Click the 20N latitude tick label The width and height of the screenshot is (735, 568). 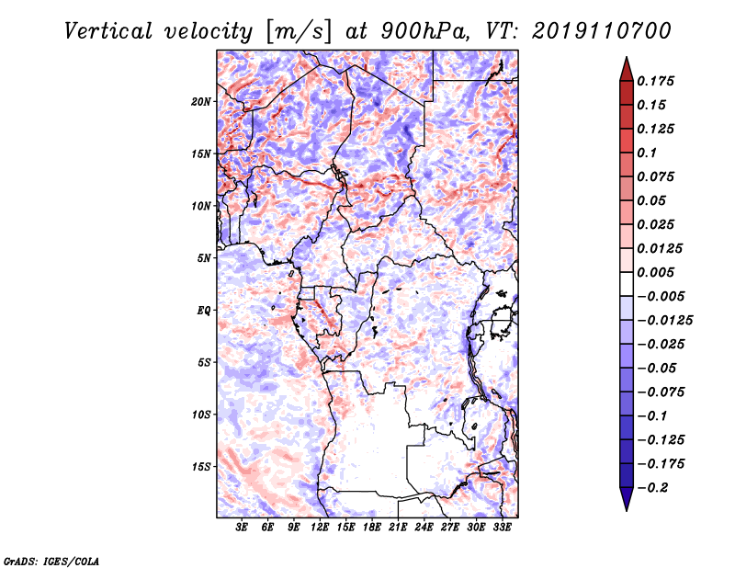tap(201, 102)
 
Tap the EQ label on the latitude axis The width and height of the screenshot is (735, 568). tap(204, 311)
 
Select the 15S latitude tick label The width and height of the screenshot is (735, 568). tap(201, 467)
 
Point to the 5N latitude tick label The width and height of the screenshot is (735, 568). tap(204, 258)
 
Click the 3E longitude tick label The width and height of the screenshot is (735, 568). tap(242, 528)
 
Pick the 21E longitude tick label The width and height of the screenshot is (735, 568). tap(398, 528)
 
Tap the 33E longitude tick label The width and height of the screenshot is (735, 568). tap(502, 528)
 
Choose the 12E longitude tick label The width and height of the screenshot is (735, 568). tap(320, 528)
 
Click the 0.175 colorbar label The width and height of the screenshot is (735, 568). tap(655, 82)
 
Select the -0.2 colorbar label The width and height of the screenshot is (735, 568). tap(652, 488)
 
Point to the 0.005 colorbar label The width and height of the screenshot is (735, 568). tap(655, 272)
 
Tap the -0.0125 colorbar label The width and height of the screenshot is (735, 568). tap(664, 321)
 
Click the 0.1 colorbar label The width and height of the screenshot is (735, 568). tap(647, 153)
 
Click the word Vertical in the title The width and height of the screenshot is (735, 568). tap(108, 31)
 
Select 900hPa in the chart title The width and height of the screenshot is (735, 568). tap(425, 31)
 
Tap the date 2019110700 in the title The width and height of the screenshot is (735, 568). tap(602, 31)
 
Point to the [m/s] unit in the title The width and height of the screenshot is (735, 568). tap(299, 32)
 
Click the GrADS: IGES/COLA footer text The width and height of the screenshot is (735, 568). tap(51, 562)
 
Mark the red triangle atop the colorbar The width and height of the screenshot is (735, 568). tap(627, 69)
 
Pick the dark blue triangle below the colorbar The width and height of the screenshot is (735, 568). tap(627, 499)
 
